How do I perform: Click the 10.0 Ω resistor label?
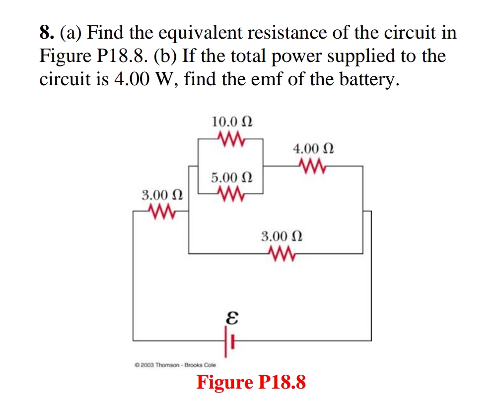click(x=232, y=121)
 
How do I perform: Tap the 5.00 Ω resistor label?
click(x=232, y=176)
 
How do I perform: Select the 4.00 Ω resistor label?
click(x=313, y=148)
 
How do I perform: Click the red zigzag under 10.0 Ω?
click(x=230, y=136)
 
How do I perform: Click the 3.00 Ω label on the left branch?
click(x=161, y=194)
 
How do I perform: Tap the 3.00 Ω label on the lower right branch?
click(x=282, y=235)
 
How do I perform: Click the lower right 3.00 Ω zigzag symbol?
click(x=282, y=253)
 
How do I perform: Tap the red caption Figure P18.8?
click(x=251, y=382)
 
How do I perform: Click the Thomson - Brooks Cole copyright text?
click(x=175, y=365)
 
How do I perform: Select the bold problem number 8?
click(x=46, y=33)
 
